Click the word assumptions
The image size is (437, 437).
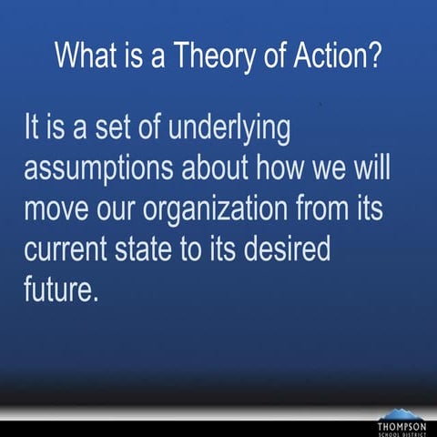pyautogui.click(x=102, y=169)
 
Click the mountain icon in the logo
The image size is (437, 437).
pyautogui.click(x=401, y=414)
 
